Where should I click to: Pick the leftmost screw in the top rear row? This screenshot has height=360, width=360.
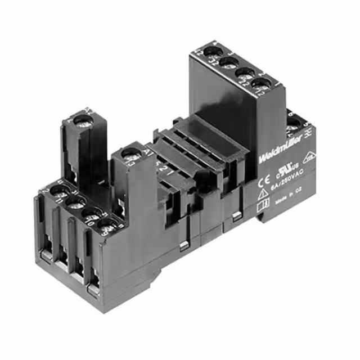212,52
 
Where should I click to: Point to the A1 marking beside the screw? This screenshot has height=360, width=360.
147,153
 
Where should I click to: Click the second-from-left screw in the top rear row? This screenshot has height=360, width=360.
228,62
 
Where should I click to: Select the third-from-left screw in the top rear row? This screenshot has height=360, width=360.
244,73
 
